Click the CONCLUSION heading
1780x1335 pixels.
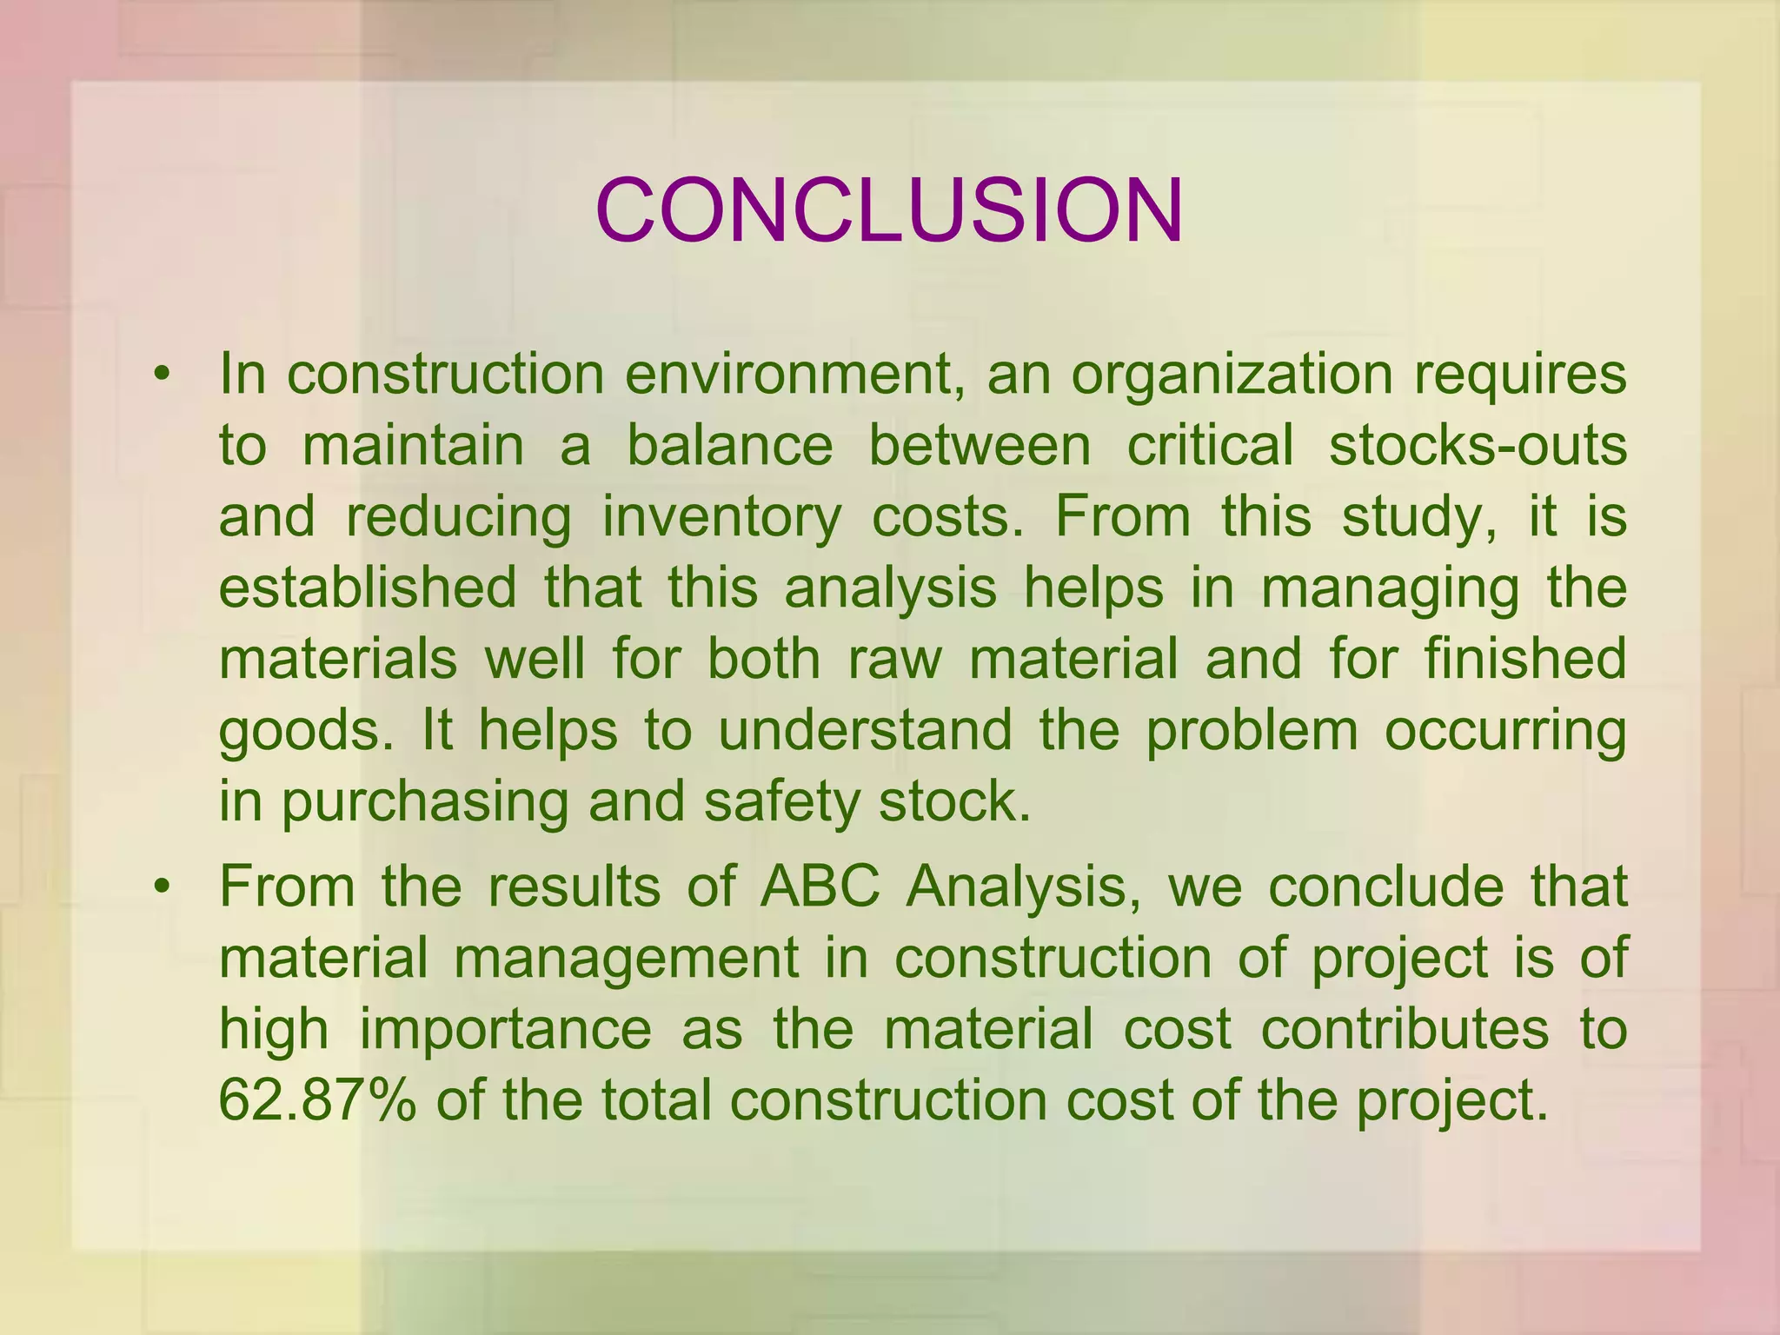(889, 211)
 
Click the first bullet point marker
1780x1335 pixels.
(160, 375)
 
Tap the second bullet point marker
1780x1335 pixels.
(160, 888)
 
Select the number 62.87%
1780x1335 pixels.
(317, 1100)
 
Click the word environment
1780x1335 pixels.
(796, 375)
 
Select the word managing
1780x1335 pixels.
(1390, 588)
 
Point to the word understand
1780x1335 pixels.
(865, 729)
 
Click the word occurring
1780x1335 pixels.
(1504, 731)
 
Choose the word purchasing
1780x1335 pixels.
(424, 802)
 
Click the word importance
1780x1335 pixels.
(505, 1030)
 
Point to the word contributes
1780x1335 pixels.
(1405, 1029)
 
